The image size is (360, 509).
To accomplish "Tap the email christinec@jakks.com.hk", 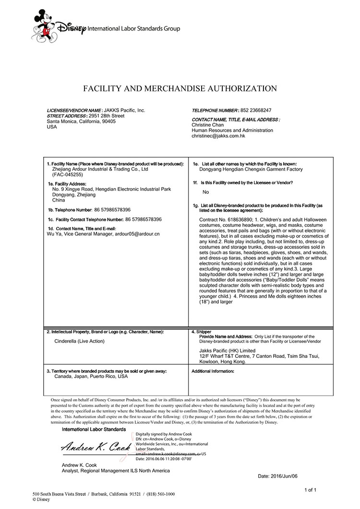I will coord(218,136).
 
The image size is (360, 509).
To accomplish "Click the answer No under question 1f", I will coord(206,192).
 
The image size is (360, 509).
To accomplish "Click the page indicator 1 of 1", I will coord(313,489).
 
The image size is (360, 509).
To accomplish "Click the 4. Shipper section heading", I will coord(201,331).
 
